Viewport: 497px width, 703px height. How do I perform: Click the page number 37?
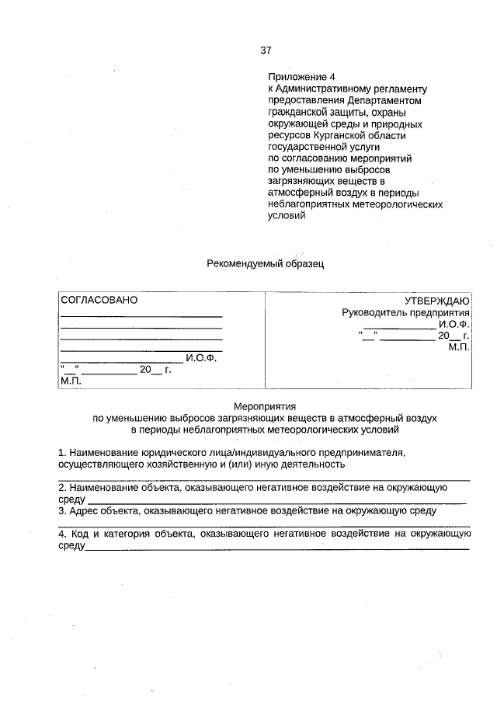266,50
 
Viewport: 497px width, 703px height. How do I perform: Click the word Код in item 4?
81,534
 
